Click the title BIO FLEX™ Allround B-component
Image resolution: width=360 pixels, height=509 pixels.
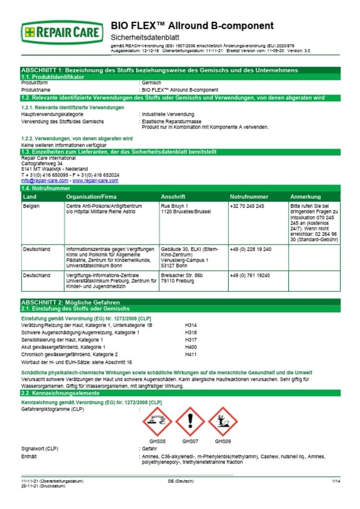click(x=192, y=26)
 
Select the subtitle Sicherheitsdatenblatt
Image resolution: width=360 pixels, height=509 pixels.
click(x=144, y=37)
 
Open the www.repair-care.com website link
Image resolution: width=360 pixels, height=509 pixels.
click(x=95, y=180)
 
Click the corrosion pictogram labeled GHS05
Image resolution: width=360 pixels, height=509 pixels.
click(x=158, y=422)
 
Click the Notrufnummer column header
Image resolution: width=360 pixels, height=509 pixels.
click(x=249, y=197)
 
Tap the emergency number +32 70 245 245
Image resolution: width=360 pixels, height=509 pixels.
click(x=247, y=206)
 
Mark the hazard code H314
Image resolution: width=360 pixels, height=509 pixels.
click(x=191, y=325)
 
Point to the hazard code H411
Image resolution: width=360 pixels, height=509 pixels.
click(x=191, y=354)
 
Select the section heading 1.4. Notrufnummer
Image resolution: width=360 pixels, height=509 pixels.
click(x=45, y=188)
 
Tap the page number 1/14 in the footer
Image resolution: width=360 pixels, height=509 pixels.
click(x=336, y=481)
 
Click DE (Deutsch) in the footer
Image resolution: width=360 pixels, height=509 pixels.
click(x=180, y=481)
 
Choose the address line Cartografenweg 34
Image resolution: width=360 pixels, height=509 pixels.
click(x=42, y=163)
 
